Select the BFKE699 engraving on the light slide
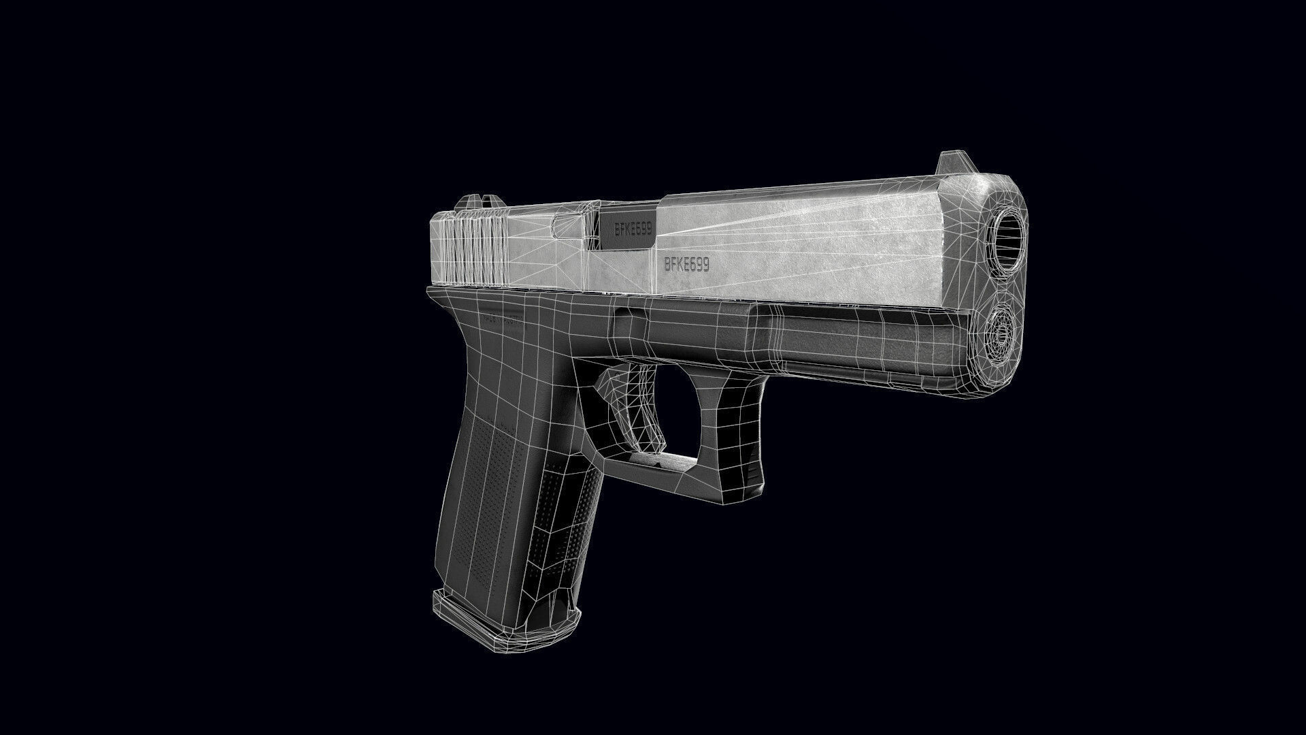point(686,265)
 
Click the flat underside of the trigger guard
point(653,467)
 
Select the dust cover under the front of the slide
point(850,340)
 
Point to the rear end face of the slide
point(437,252)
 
